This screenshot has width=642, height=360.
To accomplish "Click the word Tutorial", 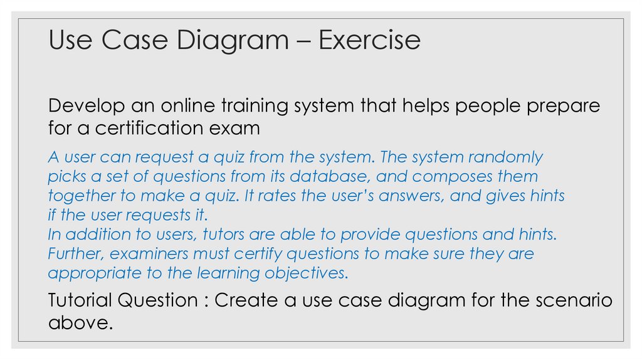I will click(83, 300).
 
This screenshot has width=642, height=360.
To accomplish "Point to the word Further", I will click(71, 254).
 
